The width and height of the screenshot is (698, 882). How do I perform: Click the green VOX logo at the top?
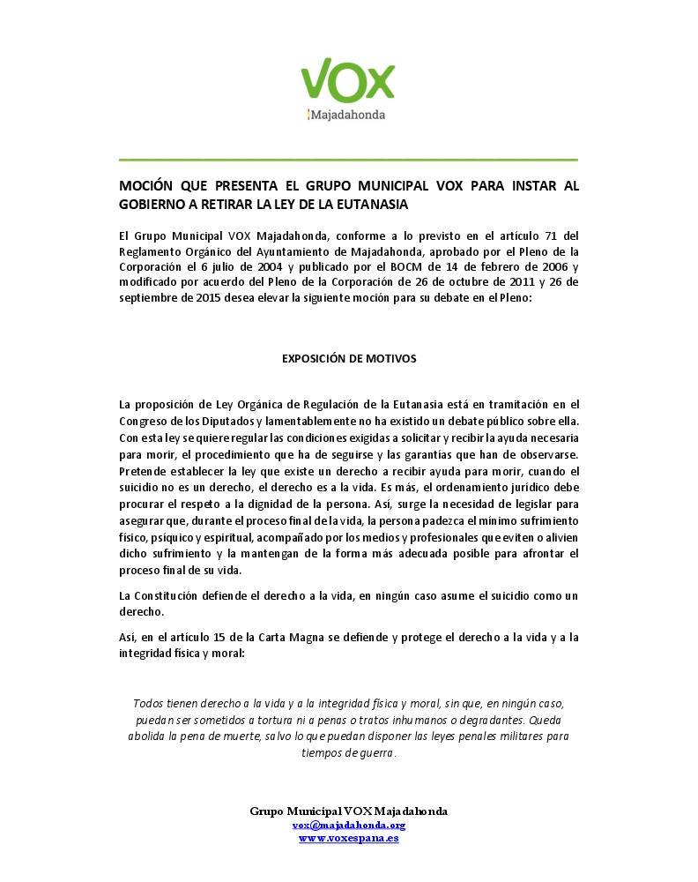[x=348, y=80]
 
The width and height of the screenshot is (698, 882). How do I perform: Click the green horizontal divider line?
[x=348, y=160]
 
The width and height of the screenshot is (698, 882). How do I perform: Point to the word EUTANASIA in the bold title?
[x=368, y=204]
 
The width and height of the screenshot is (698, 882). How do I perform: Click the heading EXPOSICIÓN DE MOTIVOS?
[x=348, y=359]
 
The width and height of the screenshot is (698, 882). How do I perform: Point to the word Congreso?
[x=144, y=422]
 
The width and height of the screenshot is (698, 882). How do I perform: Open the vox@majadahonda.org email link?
[x=348, y=825]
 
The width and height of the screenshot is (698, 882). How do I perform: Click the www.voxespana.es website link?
[x=348, y=838]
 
